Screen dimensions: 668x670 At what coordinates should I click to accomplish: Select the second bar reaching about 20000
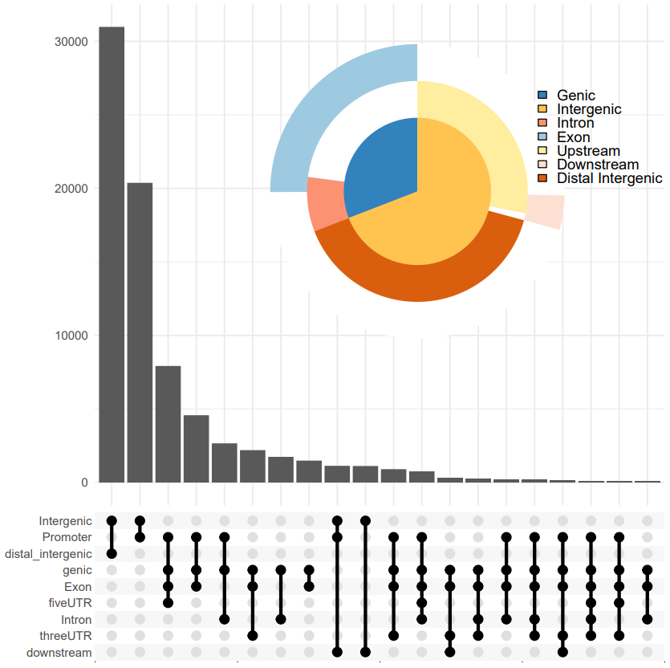pyautogui.click(x=140, y=332)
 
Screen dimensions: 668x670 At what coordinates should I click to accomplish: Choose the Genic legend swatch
pyautogui.click(x=543, y=96)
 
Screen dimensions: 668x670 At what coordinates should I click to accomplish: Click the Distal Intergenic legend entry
pyautogui.click(x=609, y=178)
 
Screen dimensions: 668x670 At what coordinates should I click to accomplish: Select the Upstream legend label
pyautogui.click(x=588, y=151)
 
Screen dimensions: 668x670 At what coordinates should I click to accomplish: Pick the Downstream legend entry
pyautogui.click(x=598, y=165)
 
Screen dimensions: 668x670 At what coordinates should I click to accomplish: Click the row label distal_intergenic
pyautogui.click(x=48, y=554)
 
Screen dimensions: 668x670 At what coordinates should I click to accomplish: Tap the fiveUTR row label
pyautogui.click(x=70, y=603)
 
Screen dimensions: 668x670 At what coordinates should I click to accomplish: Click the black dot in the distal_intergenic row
pyautogui.click(x=112, y=554)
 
